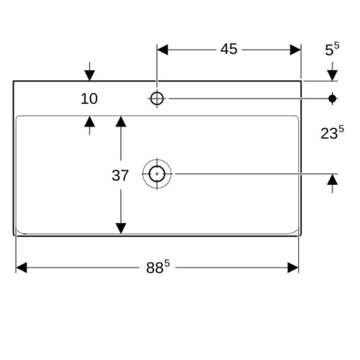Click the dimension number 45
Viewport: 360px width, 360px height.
coord(229,49)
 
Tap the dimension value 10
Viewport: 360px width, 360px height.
coord(89,99)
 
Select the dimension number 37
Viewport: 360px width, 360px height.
coord(120,176)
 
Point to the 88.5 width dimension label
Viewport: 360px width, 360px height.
coord(158,267)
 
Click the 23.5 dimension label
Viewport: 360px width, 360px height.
coord(332,132)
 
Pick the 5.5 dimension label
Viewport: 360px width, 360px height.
coord(332,49)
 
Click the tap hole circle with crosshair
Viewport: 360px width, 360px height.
coord(157,99)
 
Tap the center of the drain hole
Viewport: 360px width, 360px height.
coord(157,174)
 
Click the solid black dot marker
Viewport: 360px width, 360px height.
coord(333,99)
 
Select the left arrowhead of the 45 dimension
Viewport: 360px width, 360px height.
coord(163,50)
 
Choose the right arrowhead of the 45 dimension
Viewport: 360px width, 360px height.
coord(295,50)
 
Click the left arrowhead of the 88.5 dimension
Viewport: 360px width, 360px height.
coord(22,268)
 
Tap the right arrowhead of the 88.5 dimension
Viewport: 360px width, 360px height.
coord(293,268)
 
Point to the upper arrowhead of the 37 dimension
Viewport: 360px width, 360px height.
coord(121,122)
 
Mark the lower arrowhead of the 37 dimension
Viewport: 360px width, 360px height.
coord(121,228)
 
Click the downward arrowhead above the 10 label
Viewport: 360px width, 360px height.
coord(89,76)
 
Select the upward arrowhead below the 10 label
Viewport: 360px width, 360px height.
coord(89,122)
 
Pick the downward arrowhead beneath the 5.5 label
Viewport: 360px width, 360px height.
coord(333,76)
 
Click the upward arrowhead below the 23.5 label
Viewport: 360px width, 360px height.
coord(333,179)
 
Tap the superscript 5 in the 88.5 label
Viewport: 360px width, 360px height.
coord(167,264)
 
